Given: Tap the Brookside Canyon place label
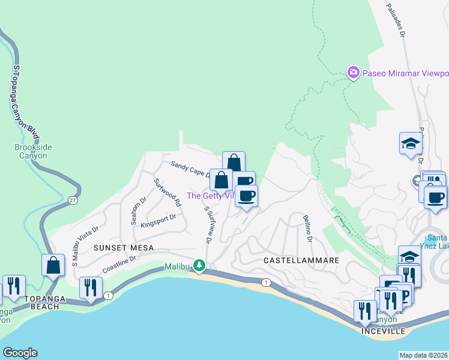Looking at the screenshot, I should [x=31, y=151].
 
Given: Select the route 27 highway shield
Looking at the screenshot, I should [x=73, y=199].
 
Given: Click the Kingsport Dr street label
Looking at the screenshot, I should [x=158, y=221].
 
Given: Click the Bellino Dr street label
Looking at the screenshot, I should [x=308, y=229].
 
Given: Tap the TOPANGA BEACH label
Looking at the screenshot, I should [x=41, y=306].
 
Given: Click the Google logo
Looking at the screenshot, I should [x=20, y=353].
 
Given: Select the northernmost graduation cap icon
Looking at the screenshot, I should [x=411, y=143].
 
